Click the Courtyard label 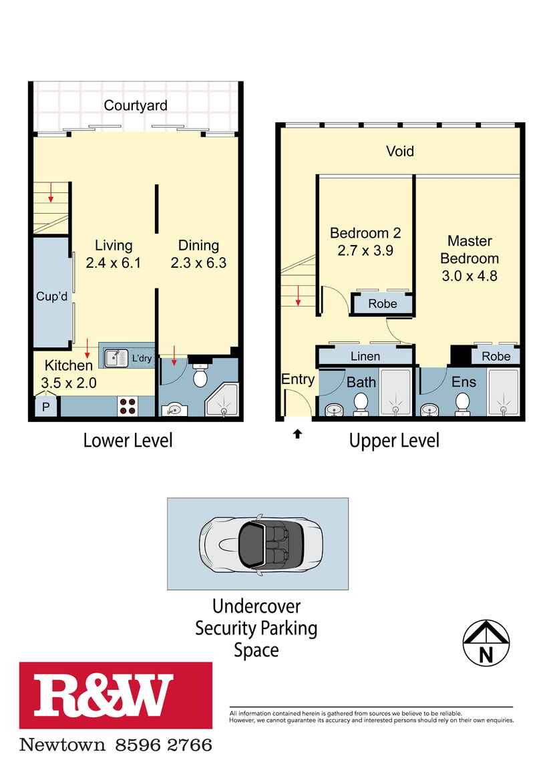(x=136, y=106)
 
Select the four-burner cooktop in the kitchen (x=128, y=406)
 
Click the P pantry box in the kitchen (x=46, y=406)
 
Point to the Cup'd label (x=52, y=297)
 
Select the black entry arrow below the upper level (x=297, y=433)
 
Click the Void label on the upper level (x=400, y=152)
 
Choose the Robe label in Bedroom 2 (x=383, y=304)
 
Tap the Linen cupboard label (x=365, y=357)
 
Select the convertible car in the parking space (x=261, y=544)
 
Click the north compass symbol (x=486, y=643)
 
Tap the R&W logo (x=116, y=695)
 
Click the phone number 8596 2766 (x=164, y=746)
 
